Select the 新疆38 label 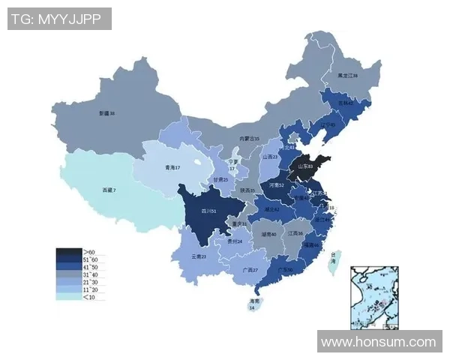point(106,113)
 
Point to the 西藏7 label point(109,190)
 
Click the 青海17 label point(173,168)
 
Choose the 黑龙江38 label point(347,76)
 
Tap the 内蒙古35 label point(249,139)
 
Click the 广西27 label point(250,270)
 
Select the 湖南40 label point(269,235)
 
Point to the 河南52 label point(277,184)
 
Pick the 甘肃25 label point(220,180)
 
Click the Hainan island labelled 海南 point(253,303)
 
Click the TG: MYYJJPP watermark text point(59,19)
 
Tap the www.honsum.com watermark point(378,342)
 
